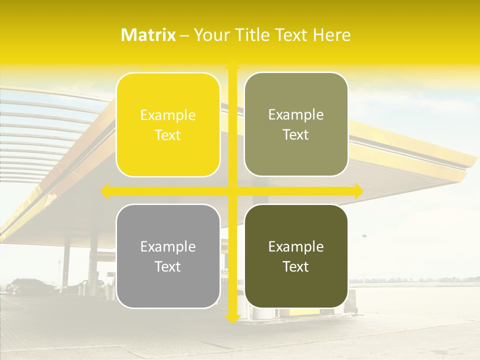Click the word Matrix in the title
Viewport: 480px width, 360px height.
148,35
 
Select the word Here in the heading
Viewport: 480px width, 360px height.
332,35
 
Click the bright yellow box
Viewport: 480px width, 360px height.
168,124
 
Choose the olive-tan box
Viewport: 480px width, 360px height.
296,124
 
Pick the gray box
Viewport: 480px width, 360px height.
168,256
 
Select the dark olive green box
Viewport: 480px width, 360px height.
296,256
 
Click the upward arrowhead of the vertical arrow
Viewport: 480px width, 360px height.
232,66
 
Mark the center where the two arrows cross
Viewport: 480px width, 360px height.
232,191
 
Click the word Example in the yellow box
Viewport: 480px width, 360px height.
168,115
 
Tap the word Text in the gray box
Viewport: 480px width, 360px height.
168,266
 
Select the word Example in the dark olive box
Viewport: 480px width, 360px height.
296,246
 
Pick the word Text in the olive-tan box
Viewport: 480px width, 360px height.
296,135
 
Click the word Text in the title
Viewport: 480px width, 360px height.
292,35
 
